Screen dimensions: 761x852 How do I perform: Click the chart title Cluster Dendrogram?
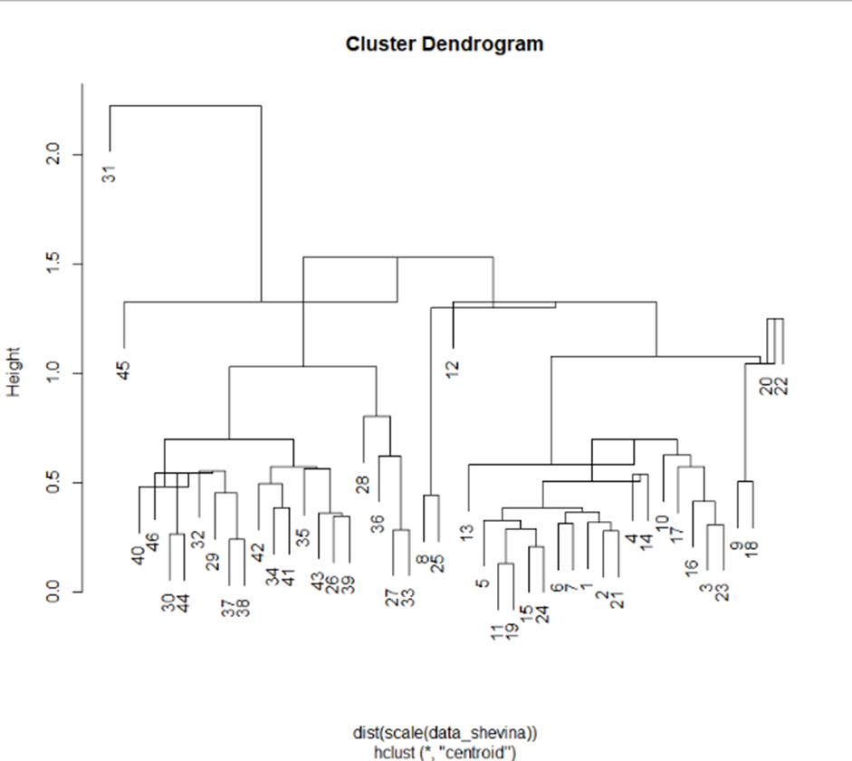click(445, 43)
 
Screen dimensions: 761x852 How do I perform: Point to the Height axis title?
click(14, 372)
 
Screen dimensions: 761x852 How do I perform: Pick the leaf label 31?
click(110, 171)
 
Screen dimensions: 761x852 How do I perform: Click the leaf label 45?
click(124, 370)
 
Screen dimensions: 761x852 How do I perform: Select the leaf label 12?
click(453, 370)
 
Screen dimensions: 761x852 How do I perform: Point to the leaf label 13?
click(467, 533)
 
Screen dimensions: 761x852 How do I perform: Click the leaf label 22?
click(782, 385)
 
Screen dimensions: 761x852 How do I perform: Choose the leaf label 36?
click(378, 523)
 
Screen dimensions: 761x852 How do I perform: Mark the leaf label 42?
click(258, 552)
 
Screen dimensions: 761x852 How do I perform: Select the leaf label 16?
click(692, 567)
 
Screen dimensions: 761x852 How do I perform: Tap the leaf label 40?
click(139, 554)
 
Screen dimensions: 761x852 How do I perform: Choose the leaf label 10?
click(663, 523)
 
